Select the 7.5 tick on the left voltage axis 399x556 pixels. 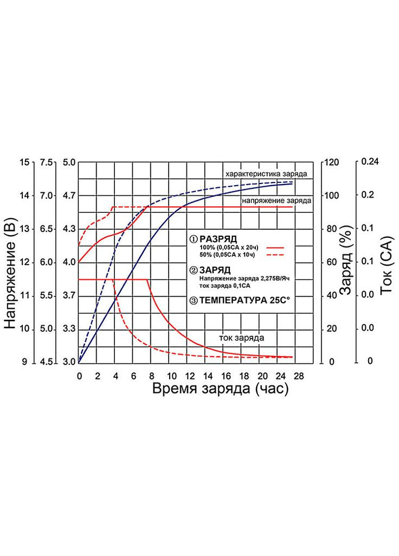tap(47, 162)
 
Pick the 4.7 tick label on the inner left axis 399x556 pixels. tap(70, 195)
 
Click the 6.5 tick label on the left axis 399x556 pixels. tap(47, 229)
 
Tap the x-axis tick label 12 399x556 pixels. tap(189, 375)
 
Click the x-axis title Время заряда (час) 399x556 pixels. tap(219, 389)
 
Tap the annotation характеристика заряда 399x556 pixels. tap(267, 174)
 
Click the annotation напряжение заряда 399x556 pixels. tap(276, 200)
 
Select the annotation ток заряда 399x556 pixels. tap(242, 337)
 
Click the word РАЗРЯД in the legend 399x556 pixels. tap(218, 238)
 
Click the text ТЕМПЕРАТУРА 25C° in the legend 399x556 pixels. tap(242, 299)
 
